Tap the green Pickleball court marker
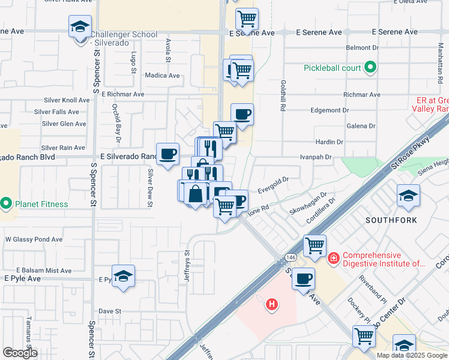pyautogui.click(x=370, y=67)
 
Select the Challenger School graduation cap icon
pyautogui.click(x=80, y=28)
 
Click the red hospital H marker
pyautogui.click(x=272, y=305)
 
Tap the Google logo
pyautogui.click(x=20, y=353)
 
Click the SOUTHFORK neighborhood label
pyautogui.click(x=391, y=220)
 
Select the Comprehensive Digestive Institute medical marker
pyautogui.click(x=333, y=257)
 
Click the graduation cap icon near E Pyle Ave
pyautogui.click(x=124, y=276)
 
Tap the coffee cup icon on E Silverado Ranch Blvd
pyautogui.click(x=167, y=154)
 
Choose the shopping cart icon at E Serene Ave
pyautogui.click(x=247, y=19)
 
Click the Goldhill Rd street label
pyautogui.click(x=281, y=96)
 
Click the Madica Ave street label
pyautogui.click(x=162, y=76)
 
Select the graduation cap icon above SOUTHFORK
pyautogui.click(x=408, y=196)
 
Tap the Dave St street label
pyautogui.click(x=110, y=311)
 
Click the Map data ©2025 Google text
pyautogui.click(x=412, y=355)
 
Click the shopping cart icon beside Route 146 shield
pyautogui.click(x=315, y=245)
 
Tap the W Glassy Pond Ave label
pyautogui.click(x=34, y=239)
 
